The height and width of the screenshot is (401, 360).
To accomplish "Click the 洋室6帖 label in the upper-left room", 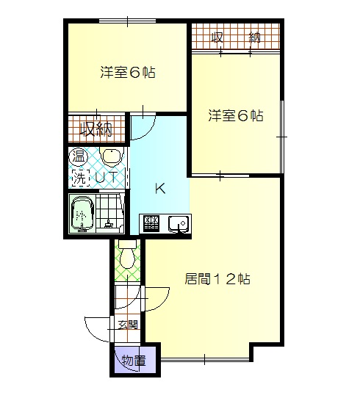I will [127, 73].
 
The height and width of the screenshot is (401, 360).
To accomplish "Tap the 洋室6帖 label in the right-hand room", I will [235, 115].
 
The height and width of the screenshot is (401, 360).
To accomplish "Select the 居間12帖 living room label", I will [217, 279].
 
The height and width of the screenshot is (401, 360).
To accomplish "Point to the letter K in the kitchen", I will [160, 189].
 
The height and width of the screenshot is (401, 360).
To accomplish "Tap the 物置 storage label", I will [132, 361].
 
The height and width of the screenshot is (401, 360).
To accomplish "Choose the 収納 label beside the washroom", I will [96, 130].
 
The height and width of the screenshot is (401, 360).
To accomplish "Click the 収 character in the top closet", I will [217, 37].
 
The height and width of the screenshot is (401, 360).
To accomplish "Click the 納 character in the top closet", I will [255, 37].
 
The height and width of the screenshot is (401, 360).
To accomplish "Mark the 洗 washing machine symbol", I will [79, 176].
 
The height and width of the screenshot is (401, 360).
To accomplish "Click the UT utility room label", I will [107, 176].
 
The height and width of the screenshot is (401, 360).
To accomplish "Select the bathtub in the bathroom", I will [82, 213].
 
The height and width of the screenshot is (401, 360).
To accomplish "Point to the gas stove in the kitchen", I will [151, 223].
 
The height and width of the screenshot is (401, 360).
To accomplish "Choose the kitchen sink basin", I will [178, 223].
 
